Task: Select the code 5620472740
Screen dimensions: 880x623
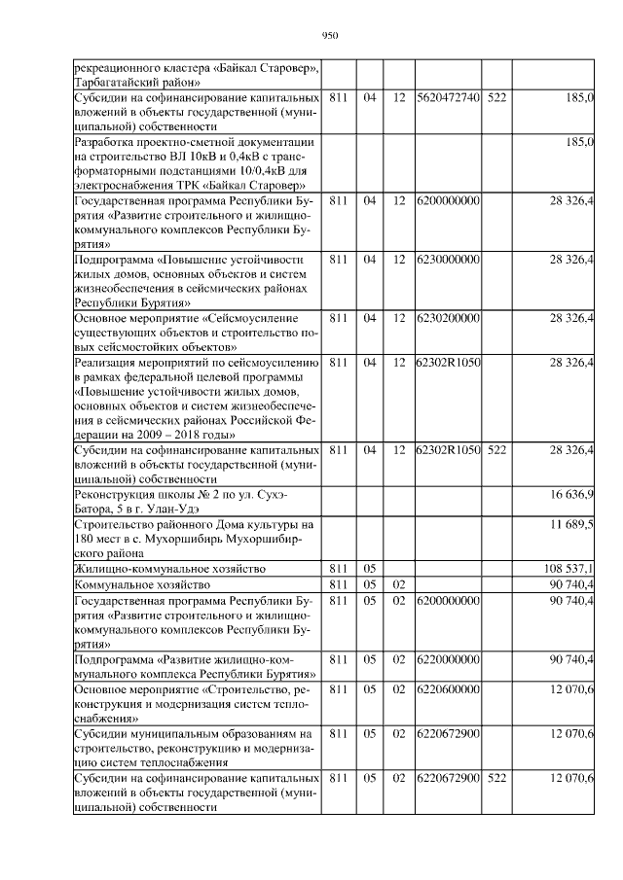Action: [448, 98]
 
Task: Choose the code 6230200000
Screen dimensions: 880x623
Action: [448, 318]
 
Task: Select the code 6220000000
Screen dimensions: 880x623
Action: [448, 660]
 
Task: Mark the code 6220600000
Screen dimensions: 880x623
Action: [448, 689]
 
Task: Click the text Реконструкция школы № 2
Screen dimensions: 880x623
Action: [146, 495]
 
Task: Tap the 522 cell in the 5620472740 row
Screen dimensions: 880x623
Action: [496, 98]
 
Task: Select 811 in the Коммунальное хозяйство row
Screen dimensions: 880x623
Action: [339, 583]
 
